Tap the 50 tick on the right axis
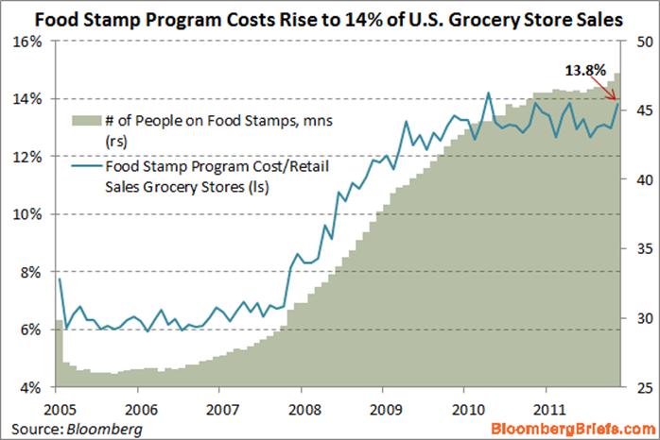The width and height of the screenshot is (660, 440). click(x=636, y=42)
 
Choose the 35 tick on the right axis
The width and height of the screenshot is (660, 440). click(x=636, y=249)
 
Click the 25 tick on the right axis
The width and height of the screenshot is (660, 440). click(x=636, y=387)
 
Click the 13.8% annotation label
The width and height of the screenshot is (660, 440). click(x=583, y=70)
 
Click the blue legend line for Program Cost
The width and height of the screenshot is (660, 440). click(x=86, y=163)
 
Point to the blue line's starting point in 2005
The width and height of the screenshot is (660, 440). click(x=59, y=279)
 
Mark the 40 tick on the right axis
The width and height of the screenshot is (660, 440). click(x=636, y=180)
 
